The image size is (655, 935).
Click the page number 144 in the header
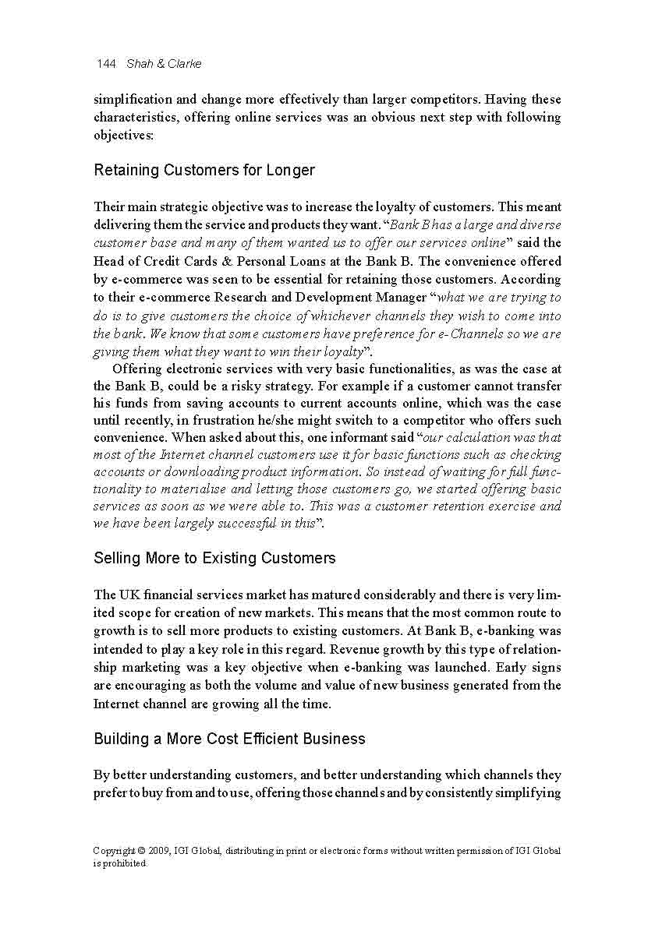[x=106, y=64]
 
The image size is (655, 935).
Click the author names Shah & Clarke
[x=164, y=64]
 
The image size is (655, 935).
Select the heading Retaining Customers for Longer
[x=204, y=170]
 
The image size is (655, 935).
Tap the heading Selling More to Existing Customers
[x=214, y=558]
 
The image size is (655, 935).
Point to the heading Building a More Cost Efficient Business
[x=229, y=738]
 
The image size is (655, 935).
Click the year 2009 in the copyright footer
[x=166, y=851]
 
